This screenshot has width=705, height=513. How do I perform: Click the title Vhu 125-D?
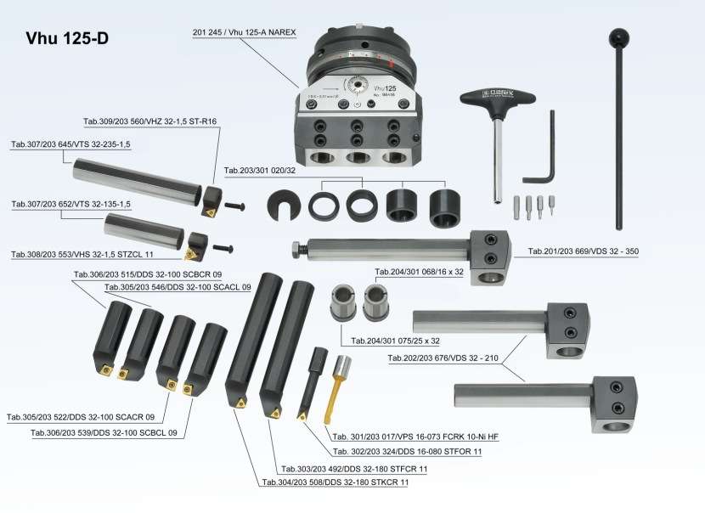[67, 38]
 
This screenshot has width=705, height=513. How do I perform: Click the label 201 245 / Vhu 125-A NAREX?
[244, 31]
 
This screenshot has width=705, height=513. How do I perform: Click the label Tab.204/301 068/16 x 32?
[420, 273]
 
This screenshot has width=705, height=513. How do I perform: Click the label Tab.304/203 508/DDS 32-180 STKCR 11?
[335, 482]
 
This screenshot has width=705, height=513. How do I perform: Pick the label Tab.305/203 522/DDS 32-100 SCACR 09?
[81, 417]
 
